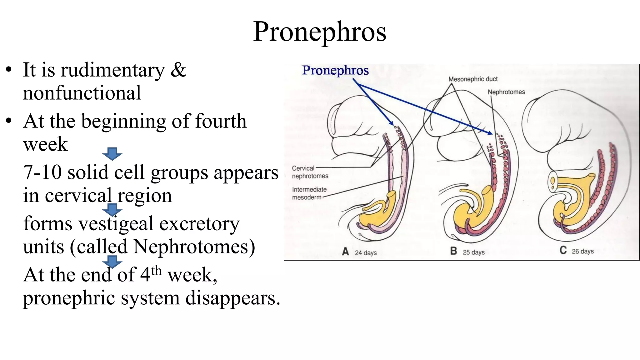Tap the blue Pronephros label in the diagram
(x=335, y=70)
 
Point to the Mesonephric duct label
(x=473, y=79)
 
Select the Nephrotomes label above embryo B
(x=506, y=92)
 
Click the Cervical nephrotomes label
(x=309, y=172)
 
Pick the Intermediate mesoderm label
(x=309, y=193)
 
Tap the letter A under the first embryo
(x=345, y=252)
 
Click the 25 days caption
(x=473, y=252)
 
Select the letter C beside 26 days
(x=563, y=251)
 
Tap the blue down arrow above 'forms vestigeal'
(x=112, y=210)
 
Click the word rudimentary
(x=112, y=70)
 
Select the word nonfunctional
(x=82, y=93)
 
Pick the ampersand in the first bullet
(x=178, y=70)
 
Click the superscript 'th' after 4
(x=156, y=271)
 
